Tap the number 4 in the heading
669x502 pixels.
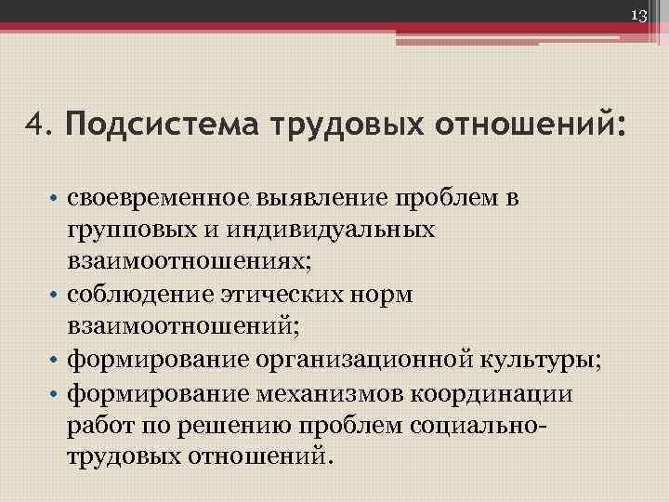[x=34, y=124]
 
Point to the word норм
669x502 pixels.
[x=385, y=295]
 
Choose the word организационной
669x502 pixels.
[x=355, y=361]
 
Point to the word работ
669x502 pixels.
[x=97, y=425]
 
